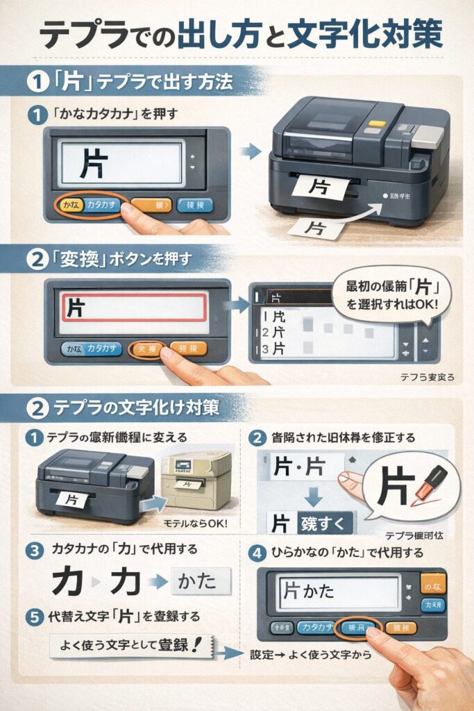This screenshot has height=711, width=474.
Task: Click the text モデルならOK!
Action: click(x=196, y=521)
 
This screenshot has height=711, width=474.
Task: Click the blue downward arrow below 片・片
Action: click(x=313, y=495)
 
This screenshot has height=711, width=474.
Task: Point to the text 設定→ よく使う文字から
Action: click(x=310, y=654)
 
